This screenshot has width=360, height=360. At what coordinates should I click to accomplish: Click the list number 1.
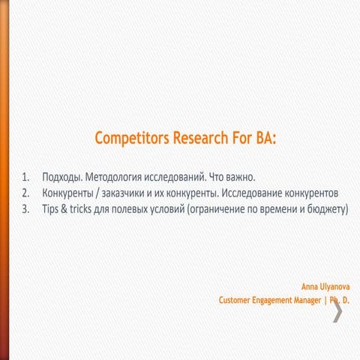25,178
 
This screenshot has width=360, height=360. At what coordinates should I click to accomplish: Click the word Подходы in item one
62,178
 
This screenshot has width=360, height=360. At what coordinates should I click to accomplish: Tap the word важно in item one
238,178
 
